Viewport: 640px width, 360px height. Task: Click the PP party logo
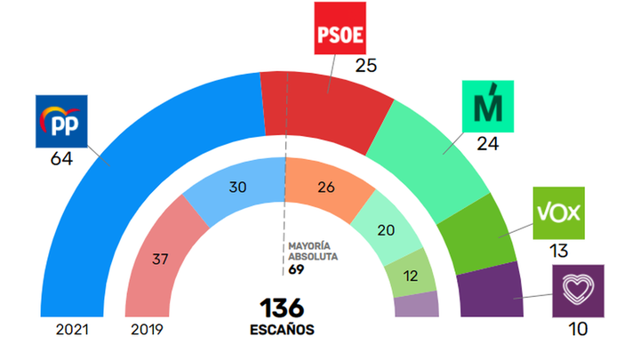[60, 122]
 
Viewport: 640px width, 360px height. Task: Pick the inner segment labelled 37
[161, 260]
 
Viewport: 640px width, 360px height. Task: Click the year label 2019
[149, 330]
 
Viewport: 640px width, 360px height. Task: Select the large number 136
[282, 309]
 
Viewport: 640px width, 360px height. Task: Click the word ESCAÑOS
[282, 331]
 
